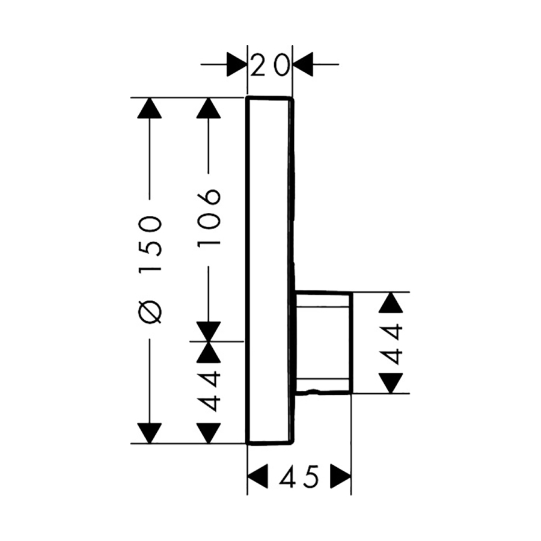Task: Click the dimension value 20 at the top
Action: pyautogui.click(x=269, y=64)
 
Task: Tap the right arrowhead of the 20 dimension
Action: pyautogui.click(x=303, y=64)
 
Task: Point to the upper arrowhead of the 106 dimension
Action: pyautogui.click(x=209, y=108)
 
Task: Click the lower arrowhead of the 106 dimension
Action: pyautogui.click(x=209, y=331)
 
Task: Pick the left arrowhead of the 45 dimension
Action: pyautogui.click(x=258, y=478)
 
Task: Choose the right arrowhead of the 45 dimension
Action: pyautogui.click(x=341, y=478)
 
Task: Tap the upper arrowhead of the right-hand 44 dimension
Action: pyautogui.click(x=392, y=302)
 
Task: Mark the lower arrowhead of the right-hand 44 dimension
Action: pyautogui.click(x=392, y=383)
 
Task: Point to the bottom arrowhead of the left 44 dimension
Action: pyautogui.click(x=209, y=433)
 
